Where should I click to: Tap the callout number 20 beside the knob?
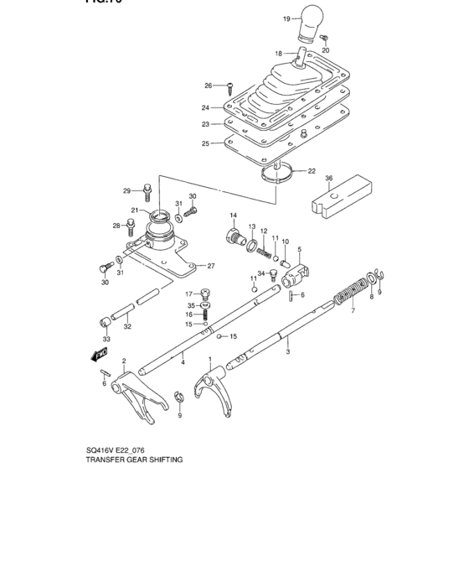click(326, 50)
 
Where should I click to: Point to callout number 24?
click(205, 107)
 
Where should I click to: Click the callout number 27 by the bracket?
click(211, 267)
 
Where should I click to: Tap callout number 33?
click(106, 338)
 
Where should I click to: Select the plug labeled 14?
click(232, 235)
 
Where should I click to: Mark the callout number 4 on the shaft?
click(183, 361)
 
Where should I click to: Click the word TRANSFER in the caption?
click(111, 460)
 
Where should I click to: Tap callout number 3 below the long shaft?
click(287, 352)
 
